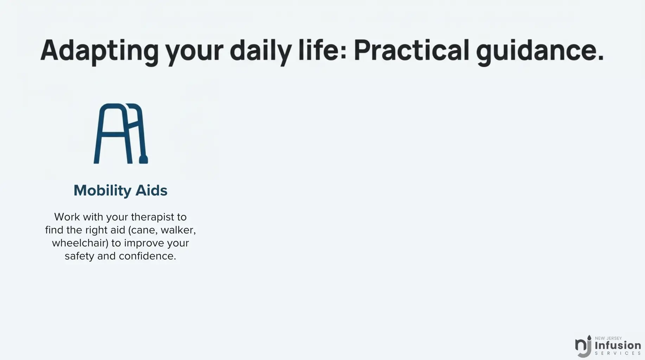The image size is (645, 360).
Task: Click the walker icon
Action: click(121, 134)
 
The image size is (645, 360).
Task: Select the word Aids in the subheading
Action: click(152, 191)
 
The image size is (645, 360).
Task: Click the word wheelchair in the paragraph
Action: click(80, 243)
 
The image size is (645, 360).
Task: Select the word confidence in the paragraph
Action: click(147, 256)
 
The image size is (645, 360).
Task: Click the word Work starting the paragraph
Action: click(67, 217)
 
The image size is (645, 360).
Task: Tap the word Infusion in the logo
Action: click(618, 345)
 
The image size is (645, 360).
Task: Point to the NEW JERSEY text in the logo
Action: click(608, 338)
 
